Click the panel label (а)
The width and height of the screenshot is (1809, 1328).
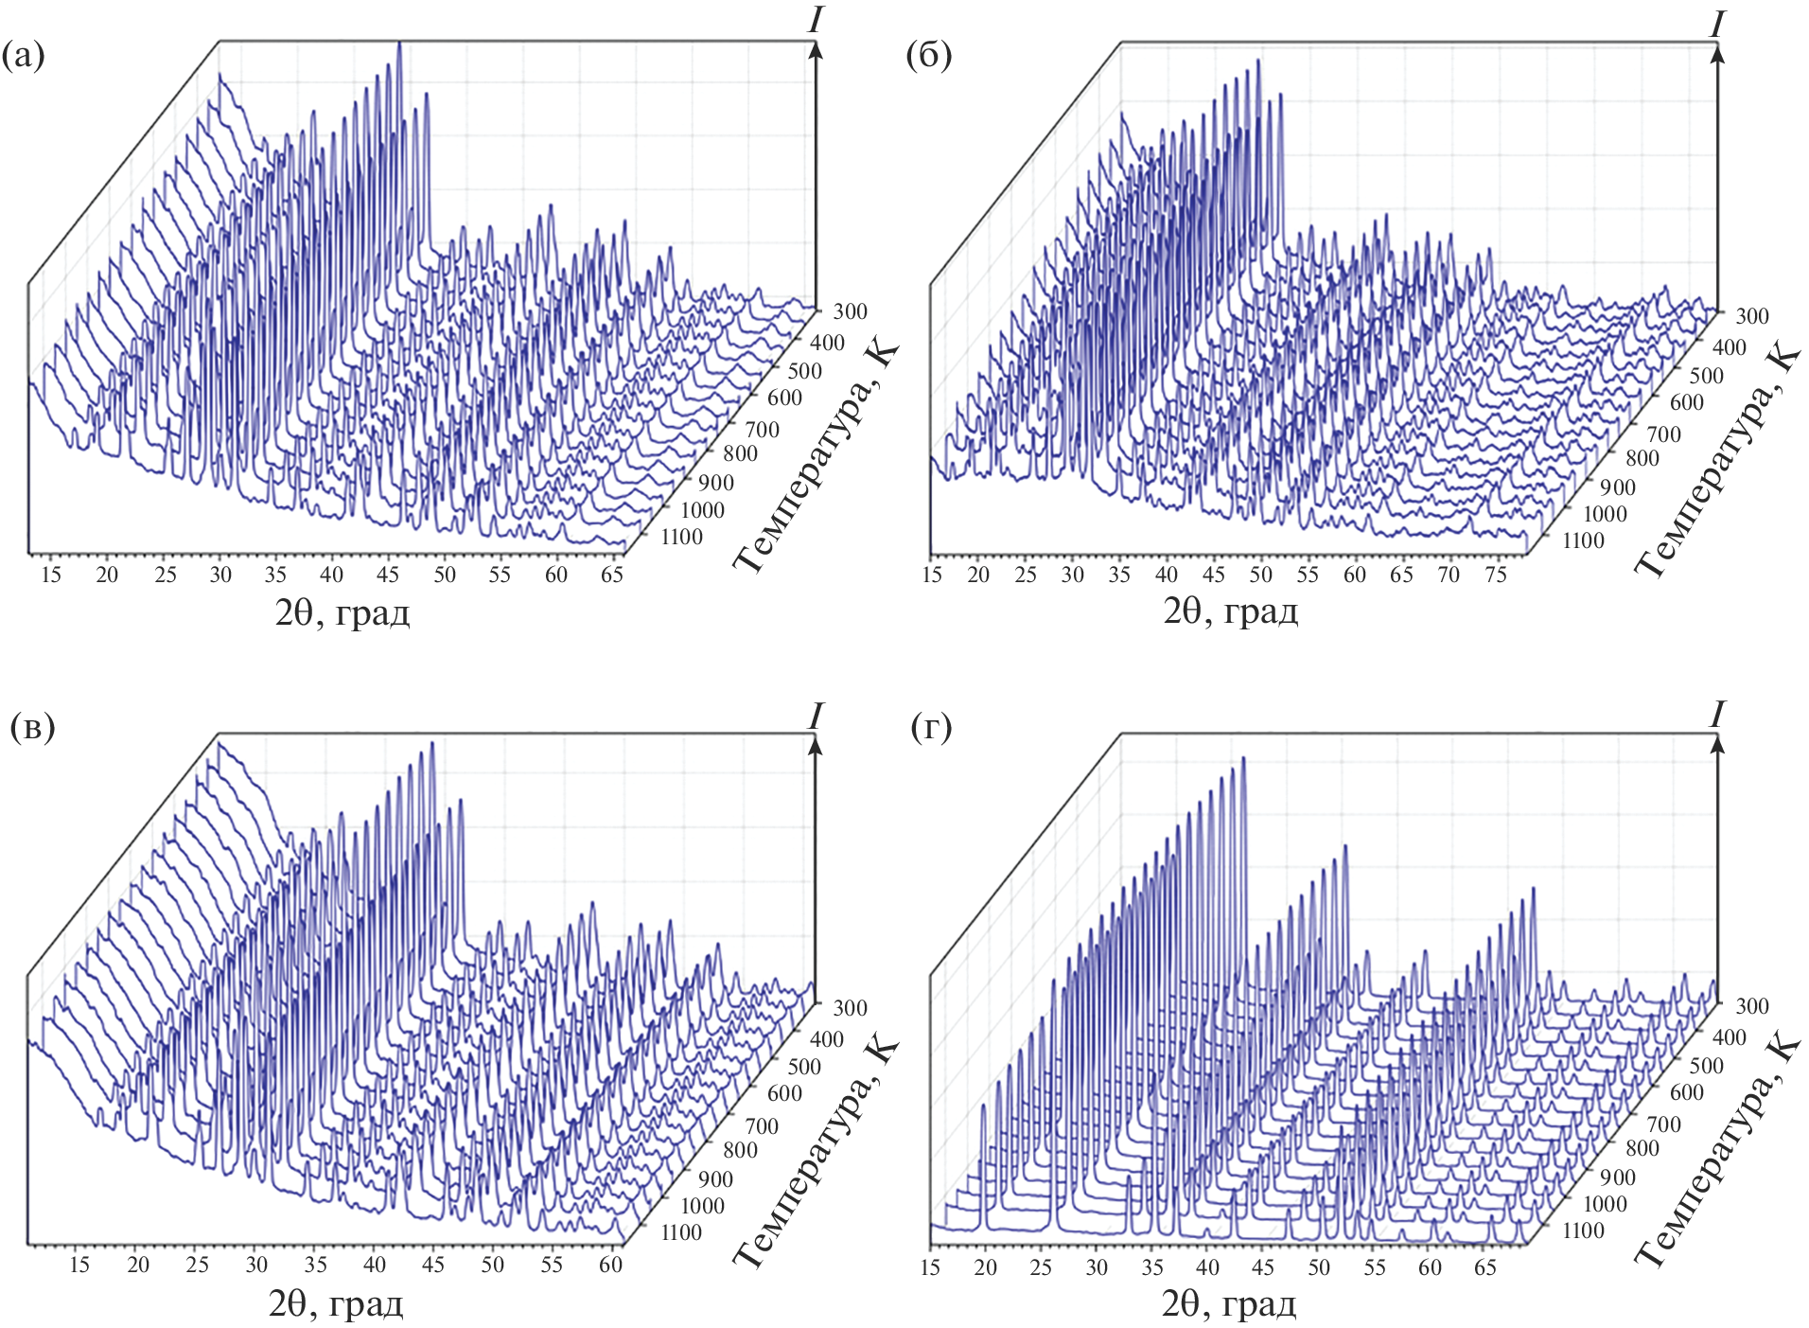[25, 58]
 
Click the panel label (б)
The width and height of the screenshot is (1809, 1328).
[928, 58]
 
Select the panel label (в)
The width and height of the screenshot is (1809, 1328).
[31, 727]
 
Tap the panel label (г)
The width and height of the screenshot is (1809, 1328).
[931, 727]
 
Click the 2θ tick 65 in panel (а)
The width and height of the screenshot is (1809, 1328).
[612, 575]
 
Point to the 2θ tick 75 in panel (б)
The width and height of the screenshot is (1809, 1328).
[1496, 575]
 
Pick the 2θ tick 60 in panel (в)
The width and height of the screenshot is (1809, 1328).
[610, 1265]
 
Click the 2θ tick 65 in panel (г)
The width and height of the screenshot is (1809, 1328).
[1485, 1266]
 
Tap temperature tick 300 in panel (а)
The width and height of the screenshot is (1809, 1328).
[850, 311]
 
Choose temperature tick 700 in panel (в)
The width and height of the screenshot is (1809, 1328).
[762, 1126]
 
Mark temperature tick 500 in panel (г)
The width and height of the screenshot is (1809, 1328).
[1707, 1066]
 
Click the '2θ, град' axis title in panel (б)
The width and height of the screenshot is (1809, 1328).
[1230, 612]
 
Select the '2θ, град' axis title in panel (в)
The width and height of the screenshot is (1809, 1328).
[336, 1304]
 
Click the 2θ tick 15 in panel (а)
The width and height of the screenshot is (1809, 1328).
[51, 575]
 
